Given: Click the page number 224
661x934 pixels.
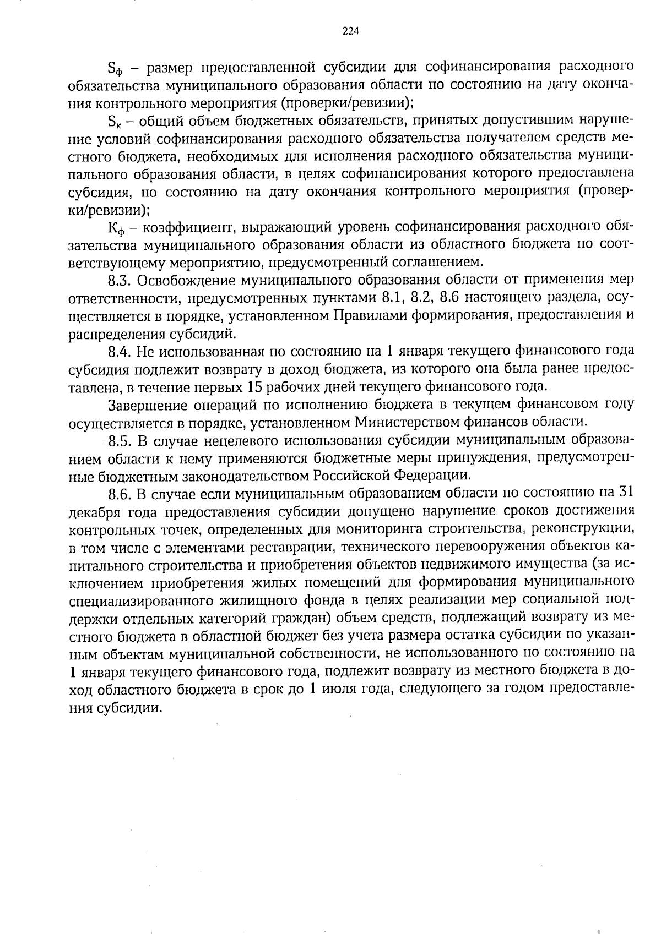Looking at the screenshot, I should coord(350,31).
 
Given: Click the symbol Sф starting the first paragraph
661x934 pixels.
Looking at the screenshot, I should coord(115,69).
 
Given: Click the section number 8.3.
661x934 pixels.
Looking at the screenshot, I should coord(119,280).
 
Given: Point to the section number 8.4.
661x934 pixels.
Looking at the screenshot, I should coord(119,351).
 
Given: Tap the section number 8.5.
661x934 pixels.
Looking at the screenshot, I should coord(119,440).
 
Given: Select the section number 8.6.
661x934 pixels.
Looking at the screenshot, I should coord(119,493).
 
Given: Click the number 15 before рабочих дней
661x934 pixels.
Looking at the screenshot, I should coord(255,386).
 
